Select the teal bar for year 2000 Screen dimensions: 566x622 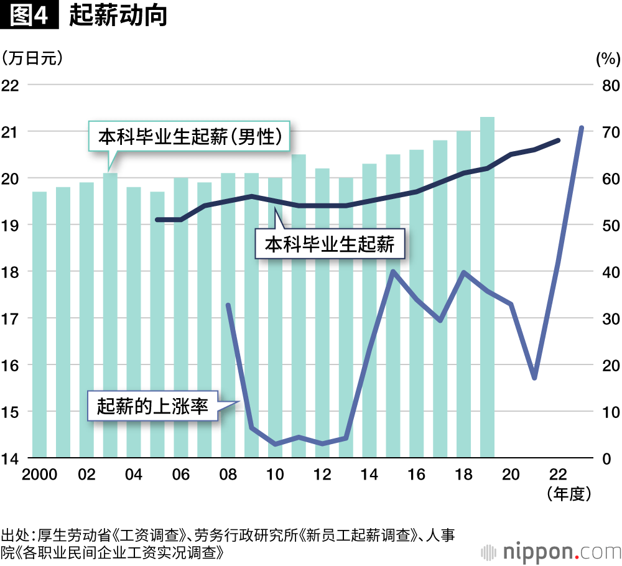(39, 323)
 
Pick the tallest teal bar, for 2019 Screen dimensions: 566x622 (487, 286)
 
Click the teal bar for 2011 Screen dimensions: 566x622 (299, 305)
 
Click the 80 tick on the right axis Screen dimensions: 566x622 (608, 85)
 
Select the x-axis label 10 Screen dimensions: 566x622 (275, 475)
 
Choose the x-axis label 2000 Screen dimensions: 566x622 (39, 475)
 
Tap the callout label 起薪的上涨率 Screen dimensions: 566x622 (152, 406)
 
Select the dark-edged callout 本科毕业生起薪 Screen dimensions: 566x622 (330, 244)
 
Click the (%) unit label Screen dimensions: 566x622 (608, 59)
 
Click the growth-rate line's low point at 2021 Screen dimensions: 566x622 (534, 378)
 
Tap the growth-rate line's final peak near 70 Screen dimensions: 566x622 (581, 128)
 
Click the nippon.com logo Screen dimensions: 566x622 (554, 550)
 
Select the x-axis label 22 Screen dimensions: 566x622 (557, 475)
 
